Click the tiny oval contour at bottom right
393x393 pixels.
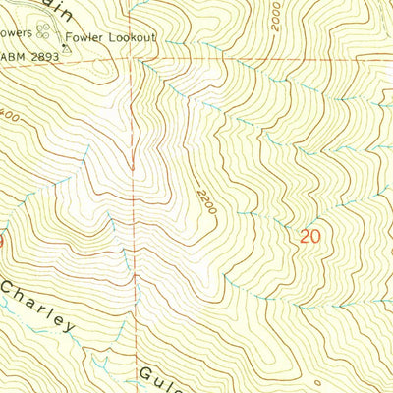tap(318, 380)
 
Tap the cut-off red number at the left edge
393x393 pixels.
tap(3, 238)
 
